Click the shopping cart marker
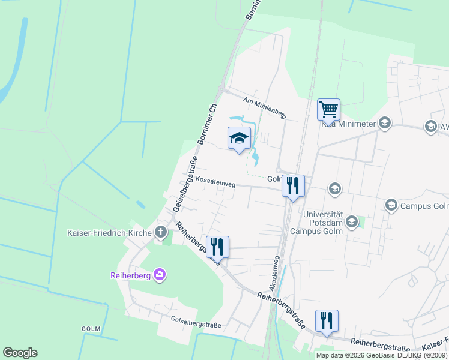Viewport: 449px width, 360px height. pyautogui.click(x=328, y=110)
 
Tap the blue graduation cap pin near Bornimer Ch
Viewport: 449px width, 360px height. pyautogui.click(x=239, y=139)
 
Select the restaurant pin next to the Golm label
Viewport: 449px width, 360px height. pyautogui.click(x=293, y=186)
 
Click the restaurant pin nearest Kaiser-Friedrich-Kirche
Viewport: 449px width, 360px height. pyautogui.click(x=217, y=247)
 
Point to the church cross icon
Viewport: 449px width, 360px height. pyautogui.click(x=160, y=232)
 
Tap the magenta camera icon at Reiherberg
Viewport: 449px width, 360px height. pyautogui.click(x=160, y=275)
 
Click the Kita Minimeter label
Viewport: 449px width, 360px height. pyautogui.click(x=348, y=124)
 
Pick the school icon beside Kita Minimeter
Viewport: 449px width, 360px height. pyautogui.click(x=384, y=124)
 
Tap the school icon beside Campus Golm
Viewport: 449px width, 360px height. pyautogui.click(x=391, y=206)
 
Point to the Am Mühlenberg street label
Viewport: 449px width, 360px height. pyautogui.click(x=264, y=106)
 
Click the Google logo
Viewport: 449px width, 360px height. pyautogui.click(x=20, y=353)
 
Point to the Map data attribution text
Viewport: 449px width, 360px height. pyautogui.click(x=382, y=355)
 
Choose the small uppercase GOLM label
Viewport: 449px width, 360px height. pyautogui.click(x=91, y=329)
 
